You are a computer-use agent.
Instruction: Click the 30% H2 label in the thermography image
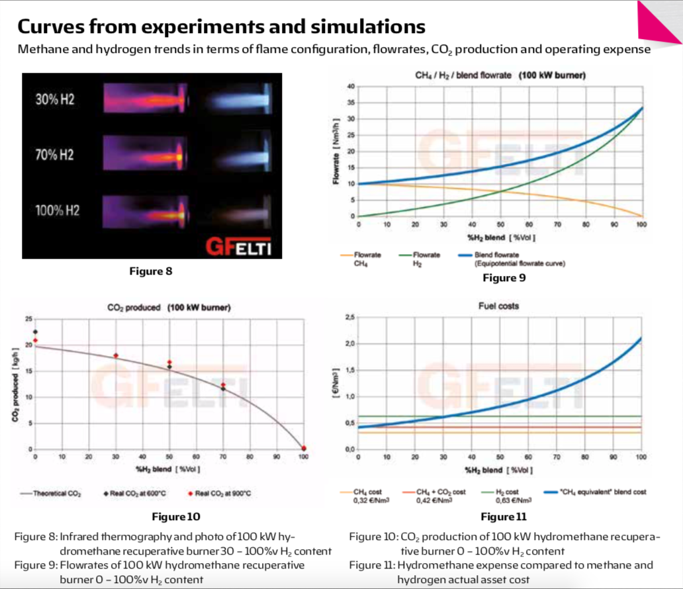click(55, 103)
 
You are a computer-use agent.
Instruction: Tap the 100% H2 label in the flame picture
click(58, 210)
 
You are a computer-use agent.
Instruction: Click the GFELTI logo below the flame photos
click(240, 247)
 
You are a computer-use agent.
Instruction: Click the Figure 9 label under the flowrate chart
click(504, 278)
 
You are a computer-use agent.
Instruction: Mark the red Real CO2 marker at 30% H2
click(116, 355)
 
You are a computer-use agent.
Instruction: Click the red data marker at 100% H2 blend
click(304, 448)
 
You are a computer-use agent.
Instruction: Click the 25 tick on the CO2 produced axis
click(28, 319)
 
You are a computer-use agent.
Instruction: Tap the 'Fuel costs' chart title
click(498, 306)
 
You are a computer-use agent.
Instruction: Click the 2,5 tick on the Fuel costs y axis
click(350, 318)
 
